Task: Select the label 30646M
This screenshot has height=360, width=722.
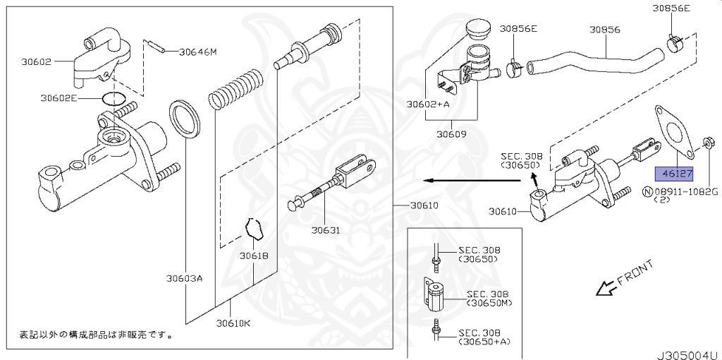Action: [x=197, y=52]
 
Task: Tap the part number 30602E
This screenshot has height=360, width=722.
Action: [x=59, y=98]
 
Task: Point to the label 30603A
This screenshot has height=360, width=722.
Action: [x=185, y=278]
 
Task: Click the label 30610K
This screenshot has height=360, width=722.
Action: [x=233, y=324]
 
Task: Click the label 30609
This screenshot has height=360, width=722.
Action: [x=451, y=133]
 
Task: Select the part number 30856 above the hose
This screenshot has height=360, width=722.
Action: [x=605, y=30]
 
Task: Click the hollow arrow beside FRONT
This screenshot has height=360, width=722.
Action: [x=604, y=288]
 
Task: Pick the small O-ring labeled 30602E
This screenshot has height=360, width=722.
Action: [x=113, y=97]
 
